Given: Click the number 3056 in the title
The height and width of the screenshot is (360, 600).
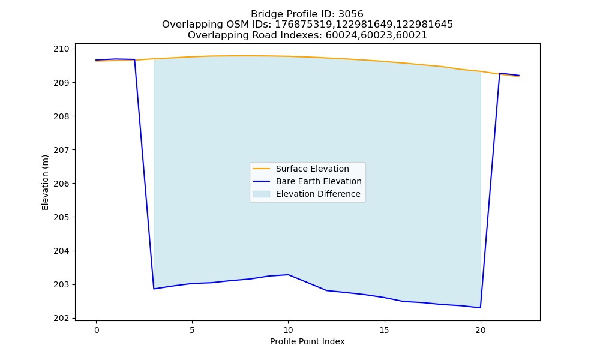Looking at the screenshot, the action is [x=350, y=14].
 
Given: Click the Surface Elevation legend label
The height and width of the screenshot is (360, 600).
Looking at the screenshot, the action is [x=312, y=169].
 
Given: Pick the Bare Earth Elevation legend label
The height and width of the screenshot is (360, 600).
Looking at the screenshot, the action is [x=319, y=181].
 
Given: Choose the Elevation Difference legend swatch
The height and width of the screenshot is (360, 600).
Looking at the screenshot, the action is [x=262, y=194].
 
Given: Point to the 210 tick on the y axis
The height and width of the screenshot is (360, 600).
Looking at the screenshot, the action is [x=62, y=49].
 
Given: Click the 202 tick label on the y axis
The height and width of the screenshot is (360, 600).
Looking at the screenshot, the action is [x=62, y=318].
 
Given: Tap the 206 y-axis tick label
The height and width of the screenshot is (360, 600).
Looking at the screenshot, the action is [x=62, y=184].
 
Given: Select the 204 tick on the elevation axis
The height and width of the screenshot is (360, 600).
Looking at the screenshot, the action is [x=62, y=251].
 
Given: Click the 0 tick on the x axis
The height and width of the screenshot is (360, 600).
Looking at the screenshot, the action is [x=97, y=330].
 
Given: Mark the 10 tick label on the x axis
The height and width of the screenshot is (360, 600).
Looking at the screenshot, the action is [x=288, y=330].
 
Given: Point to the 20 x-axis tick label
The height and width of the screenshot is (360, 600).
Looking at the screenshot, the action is [x=480, y=330].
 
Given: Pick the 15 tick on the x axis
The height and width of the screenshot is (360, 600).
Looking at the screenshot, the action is [x=384, y=330].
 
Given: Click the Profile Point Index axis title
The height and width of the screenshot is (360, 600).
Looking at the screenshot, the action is [x=307, y=341].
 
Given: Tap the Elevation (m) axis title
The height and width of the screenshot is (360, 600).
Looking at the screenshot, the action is [x=45, y=182].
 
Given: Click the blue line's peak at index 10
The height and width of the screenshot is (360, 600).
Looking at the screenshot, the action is [x=288, y=275].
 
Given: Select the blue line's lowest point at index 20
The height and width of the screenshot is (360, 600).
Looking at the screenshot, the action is [x=480, y=308].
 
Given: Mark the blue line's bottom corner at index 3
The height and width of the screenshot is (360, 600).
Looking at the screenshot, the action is [x=154, y=289].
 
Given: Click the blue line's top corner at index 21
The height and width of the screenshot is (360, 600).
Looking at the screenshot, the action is [x=499, y=73].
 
